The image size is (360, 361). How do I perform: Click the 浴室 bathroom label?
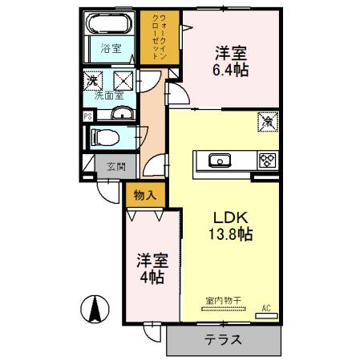[111, 49]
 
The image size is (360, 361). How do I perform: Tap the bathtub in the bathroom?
[111, 24]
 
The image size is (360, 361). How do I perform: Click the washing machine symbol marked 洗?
[94, 80]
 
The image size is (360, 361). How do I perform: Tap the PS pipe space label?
[87, 116]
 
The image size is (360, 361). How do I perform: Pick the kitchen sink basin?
[220, 160]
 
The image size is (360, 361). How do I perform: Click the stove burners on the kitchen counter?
[267, 160]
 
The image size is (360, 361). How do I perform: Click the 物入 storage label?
[144, 194]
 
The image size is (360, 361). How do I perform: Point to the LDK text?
[233, 217]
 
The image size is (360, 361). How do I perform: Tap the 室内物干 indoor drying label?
[219, 301]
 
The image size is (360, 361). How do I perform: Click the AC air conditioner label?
[266, 307]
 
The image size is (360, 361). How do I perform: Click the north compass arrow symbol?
[95, 308]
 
